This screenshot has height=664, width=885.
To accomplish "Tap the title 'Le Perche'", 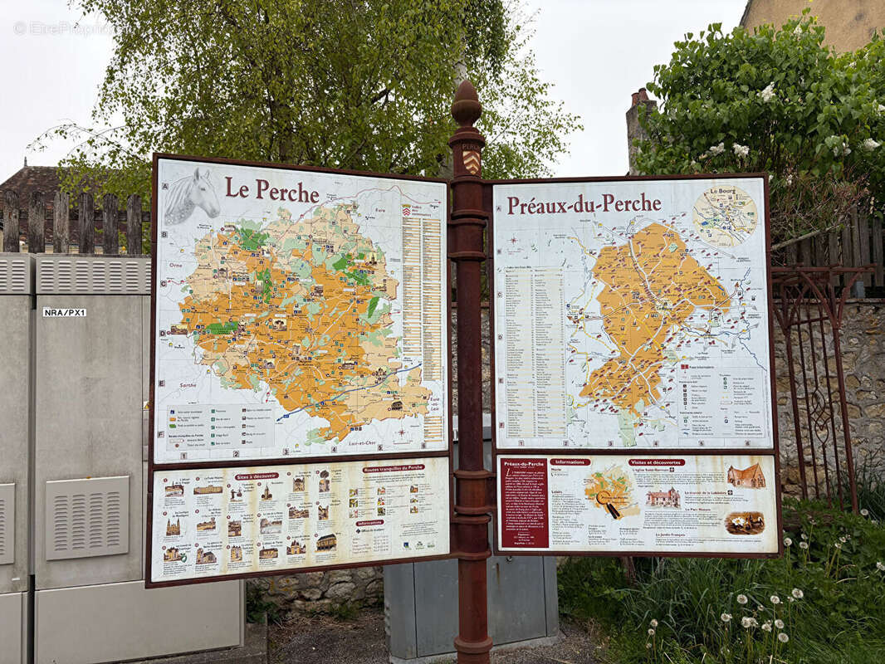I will (271, 191).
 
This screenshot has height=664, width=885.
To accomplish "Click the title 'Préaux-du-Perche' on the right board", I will (584, 204).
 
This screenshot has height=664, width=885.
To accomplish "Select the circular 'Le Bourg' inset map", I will (725, 216).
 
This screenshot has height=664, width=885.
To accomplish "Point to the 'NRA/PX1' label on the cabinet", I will (65, 312).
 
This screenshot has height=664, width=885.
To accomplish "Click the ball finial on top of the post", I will (467, 105).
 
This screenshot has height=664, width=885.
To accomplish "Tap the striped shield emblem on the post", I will (471, 161).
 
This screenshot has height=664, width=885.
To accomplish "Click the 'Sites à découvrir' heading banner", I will (256, 476).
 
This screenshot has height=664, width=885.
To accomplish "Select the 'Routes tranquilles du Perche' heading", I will (393, 468).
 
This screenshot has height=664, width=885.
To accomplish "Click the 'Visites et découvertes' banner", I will (657, 462).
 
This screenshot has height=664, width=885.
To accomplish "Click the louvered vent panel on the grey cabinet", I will (87, 517).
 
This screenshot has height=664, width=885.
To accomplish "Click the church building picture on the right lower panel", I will (746, 476).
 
